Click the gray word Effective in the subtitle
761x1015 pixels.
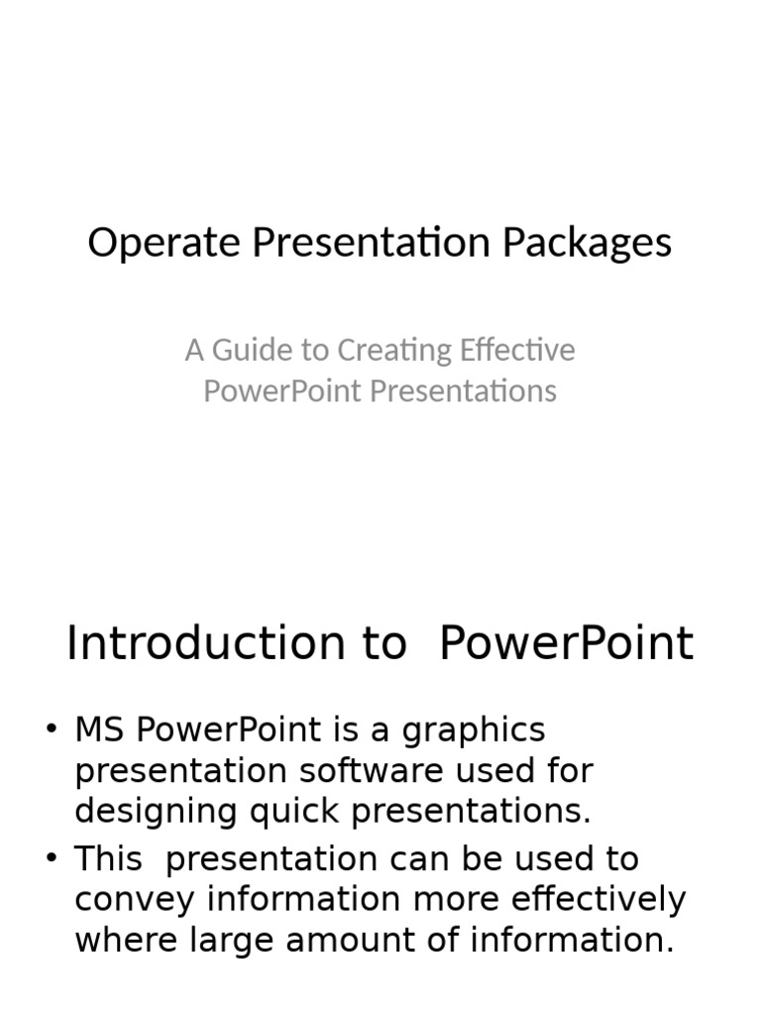pyautogui.click(x=517, y=350)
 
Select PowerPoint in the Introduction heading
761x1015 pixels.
pyautogui.click(x=565, y=643)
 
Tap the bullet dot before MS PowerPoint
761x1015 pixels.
pyautogui.click(x=53, y=731)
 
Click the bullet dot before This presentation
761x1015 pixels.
pyautogui.click(x=53, y=859)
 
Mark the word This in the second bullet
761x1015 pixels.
pyautogui.click(x=108, y=859)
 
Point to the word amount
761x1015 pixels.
pyautogui.click(x=380, y=941)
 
